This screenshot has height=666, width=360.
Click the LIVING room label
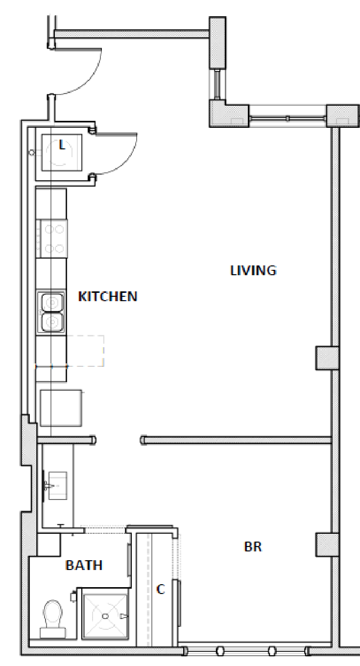point(253,270)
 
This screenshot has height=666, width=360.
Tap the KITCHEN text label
point(108,296)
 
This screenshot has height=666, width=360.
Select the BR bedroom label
point(253,547)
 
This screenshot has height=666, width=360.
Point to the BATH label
point(84,566)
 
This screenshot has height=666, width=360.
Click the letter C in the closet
point(160,590)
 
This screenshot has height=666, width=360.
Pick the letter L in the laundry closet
point(62,144)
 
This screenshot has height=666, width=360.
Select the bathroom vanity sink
point(56,485)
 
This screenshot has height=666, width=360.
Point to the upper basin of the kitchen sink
point(52,302)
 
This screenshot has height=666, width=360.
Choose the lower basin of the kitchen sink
point(52,322)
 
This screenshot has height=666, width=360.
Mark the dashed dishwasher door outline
point(85,351)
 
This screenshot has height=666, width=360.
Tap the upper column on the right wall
point(326,357)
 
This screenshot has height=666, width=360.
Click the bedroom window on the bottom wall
point(245,651)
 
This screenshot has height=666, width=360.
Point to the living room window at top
point(288,118)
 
